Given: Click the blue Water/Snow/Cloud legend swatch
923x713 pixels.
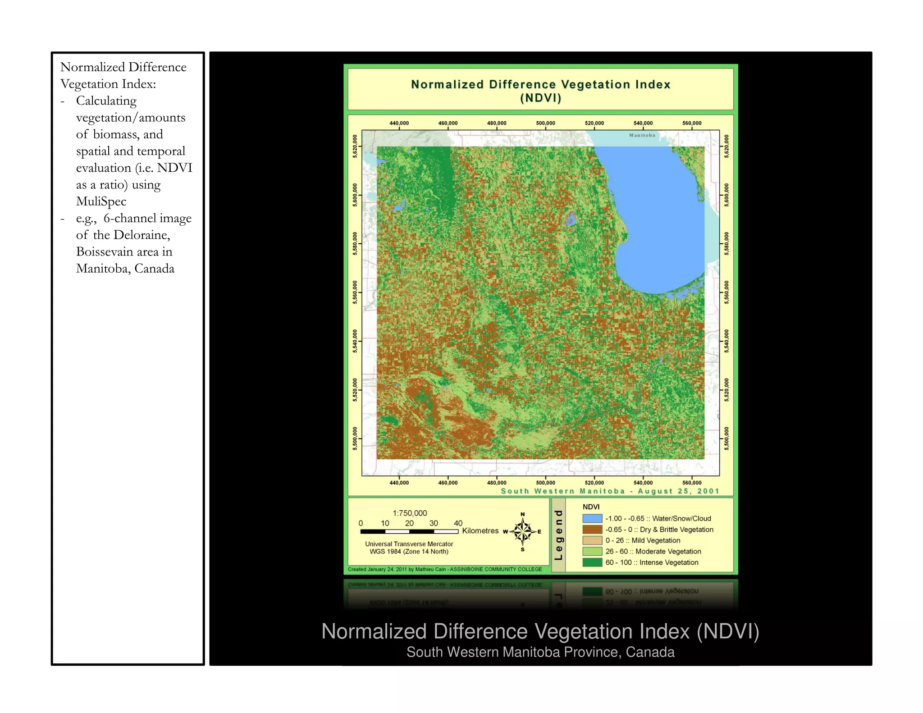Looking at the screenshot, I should point(592,518).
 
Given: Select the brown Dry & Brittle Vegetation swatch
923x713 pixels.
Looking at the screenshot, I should point(592,529).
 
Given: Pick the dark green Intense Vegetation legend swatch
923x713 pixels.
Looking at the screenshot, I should point(592,562).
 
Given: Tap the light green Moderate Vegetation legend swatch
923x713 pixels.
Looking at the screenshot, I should point(592,551).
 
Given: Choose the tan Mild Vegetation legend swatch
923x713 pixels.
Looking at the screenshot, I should point(592,540).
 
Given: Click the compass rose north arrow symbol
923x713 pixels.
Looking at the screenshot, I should point(523,531).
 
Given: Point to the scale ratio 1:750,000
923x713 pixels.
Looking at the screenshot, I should point(410,513).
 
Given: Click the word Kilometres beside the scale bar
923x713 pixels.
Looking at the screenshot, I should point(480,531).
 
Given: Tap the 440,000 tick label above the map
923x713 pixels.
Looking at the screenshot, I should point(399,123).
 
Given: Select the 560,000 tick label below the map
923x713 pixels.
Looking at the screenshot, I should point(692,483).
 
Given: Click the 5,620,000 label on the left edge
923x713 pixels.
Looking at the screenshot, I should point(355,146).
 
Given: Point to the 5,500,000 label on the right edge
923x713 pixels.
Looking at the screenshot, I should point(727,438).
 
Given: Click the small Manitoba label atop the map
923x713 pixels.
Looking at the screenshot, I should point(642,135).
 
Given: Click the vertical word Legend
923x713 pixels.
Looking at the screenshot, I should point(559,535).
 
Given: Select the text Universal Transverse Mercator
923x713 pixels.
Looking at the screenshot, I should point(409,544).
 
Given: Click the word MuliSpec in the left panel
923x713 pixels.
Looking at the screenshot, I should point(101,201).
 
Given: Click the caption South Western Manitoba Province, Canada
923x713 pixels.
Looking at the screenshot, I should point(540,652).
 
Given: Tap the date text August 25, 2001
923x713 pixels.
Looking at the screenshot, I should point(678,491).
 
